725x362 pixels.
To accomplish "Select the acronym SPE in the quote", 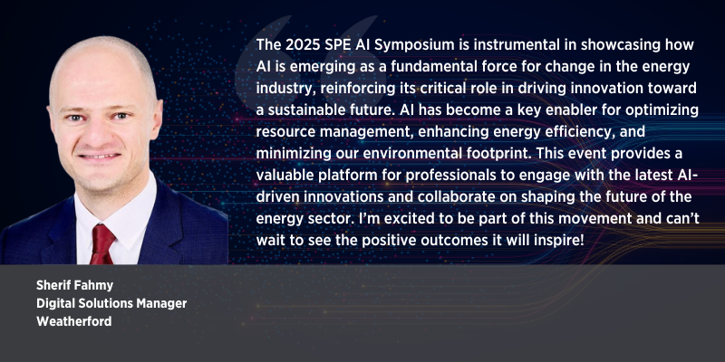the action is (x=328, y=45).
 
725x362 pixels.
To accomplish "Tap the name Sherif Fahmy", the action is (x=75, y=286).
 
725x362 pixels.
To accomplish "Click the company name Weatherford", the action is (x=74, y=321).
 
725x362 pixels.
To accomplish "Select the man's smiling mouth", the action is (x=100, y=157).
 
